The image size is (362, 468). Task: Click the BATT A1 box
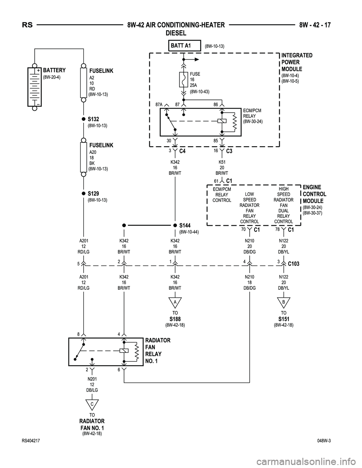coord(184,46)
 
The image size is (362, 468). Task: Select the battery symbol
coord(34,87)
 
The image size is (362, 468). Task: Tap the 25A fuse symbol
coord(184,80)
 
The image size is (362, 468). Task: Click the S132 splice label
coord(93,119)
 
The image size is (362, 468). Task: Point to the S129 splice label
coord(93,193)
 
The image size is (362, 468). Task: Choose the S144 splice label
coord(185,225)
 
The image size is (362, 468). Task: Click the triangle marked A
coord(175,303)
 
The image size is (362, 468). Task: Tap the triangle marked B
coord(284,303)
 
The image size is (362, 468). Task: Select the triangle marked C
coord(92,405)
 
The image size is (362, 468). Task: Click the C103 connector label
coord(293,264)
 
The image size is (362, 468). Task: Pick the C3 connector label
coord(229,151)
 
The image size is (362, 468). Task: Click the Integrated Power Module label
coord(296,62)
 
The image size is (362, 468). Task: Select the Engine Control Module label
coord(314,194)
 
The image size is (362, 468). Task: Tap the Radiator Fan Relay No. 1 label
coord(158,350)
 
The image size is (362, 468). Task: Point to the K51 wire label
coord(222,162)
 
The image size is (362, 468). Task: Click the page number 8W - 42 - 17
coord(315,25)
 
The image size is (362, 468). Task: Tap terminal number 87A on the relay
coord(158,104)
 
